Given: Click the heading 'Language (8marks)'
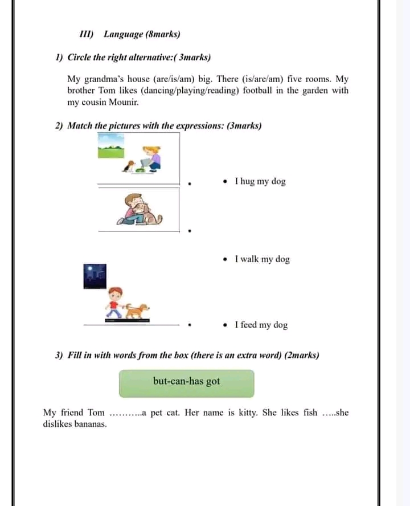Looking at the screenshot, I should [x=142, y=34].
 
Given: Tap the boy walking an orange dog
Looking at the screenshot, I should [x=127, y=303].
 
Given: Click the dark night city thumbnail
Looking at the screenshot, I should [x=95, y=276].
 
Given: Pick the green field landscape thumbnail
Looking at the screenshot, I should [x=111, y=146].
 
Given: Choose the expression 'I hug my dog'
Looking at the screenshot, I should [x=260, y=181].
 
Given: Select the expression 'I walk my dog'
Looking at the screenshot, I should [x=262, y=259].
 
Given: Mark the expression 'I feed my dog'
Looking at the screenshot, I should [x=261, y=325].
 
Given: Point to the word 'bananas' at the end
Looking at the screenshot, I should [x=89, y=425].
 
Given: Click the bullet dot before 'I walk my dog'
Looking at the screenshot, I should [x=227, y=259].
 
